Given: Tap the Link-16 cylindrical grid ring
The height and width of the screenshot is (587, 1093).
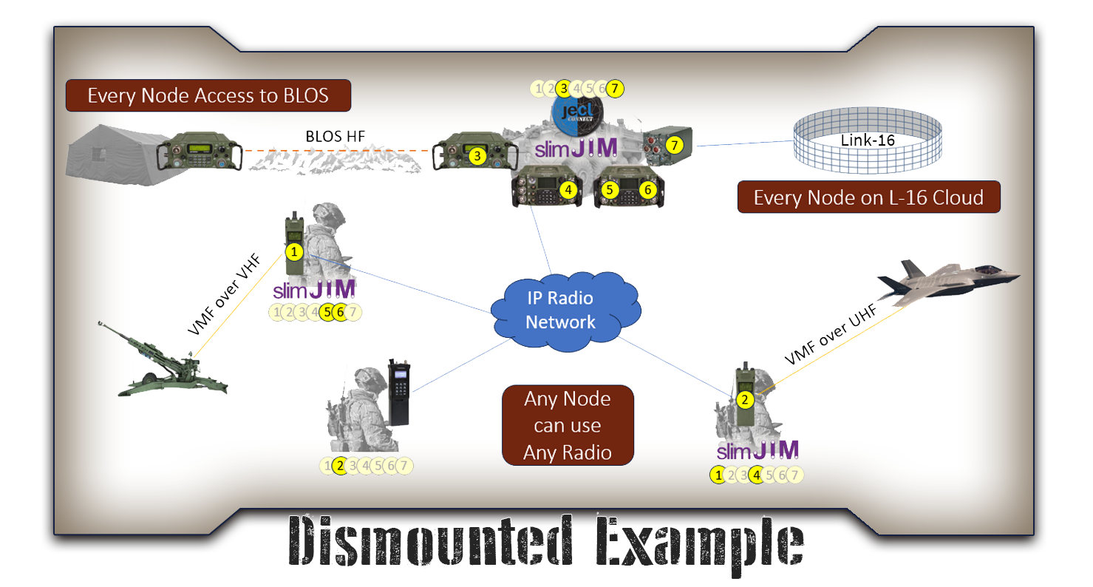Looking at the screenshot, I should click(867, 140).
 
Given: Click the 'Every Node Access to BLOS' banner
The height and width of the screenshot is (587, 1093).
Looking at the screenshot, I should click(208, 96).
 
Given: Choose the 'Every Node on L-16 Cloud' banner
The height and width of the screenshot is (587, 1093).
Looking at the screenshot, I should click(868, 197).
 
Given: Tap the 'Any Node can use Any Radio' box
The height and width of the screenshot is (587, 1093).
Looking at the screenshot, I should click(568, 425).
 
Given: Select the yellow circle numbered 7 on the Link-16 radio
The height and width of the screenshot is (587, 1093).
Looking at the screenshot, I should click(673, 146).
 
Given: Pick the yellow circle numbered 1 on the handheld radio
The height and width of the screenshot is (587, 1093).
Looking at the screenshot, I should click(294, 252).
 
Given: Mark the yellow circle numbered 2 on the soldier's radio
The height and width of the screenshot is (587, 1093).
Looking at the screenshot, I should click(744, 400).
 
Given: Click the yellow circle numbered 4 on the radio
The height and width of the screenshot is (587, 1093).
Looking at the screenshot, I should click(568, 190).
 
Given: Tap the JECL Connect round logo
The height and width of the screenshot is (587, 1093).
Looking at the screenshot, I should click(578, 112).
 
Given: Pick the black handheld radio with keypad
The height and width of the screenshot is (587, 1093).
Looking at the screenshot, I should click(399, 392).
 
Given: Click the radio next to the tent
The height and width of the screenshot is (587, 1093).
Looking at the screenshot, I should click(200, 153).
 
